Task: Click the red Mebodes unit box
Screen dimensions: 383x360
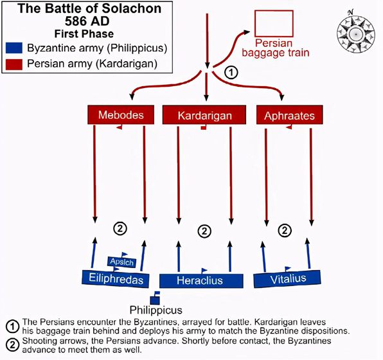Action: [121, 114]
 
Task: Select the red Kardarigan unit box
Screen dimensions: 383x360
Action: [204, 115]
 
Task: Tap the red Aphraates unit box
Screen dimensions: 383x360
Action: [289, 115]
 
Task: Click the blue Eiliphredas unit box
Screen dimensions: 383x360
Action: [116, 278]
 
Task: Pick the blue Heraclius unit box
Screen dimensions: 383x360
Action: [201, 280]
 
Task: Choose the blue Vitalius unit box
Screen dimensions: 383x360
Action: [287, 278]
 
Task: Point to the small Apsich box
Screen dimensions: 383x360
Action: [122, 262]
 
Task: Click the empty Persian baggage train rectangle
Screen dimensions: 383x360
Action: [274, 23]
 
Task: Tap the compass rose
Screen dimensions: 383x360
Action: [355, 33]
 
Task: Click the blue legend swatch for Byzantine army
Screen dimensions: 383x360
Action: [14, 48]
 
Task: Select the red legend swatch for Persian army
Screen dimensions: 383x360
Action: [14, 64]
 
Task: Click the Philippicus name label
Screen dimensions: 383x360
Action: [156, 310]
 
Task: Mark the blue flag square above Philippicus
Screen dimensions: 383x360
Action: [155, 298]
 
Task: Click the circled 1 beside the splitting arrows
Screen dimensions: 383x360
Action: [231, 73]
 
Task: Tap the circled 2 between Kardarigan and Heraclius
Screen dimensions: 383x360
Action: [204, 231]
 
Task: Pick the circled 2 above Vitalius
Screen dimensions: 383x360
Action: [285, 230]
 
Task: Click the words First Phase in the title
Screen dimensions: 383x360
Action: [84, 33]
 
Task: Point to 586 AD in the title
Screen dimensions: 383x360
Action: [87, 21]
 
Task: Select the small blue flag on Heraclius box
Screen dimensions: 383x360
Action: [204, 271]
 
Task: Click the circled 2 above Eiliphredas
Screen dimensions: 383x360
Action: [120, 229]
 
